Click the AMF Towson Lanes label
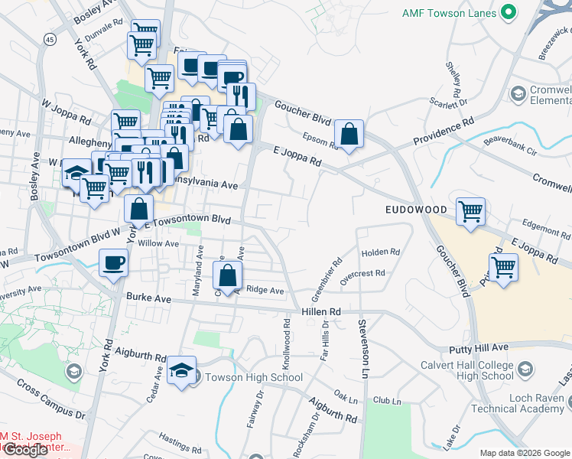pyautogui.click(x=449, y=13)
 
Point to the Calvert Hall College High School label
pyautogui.click(x=466, y=370)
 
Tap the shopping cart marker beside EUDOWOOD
pyautogui.click(x=470, y=211)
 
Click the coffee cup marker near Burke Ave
pyautogui.click(x=114, y=263)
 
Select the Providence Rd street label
pyautogui.click(x=444, y=132)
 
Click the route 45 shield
pyautogui.click(x=50, y=39)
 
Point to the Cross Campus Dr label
pyautogui.click(x=50, y=401)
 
